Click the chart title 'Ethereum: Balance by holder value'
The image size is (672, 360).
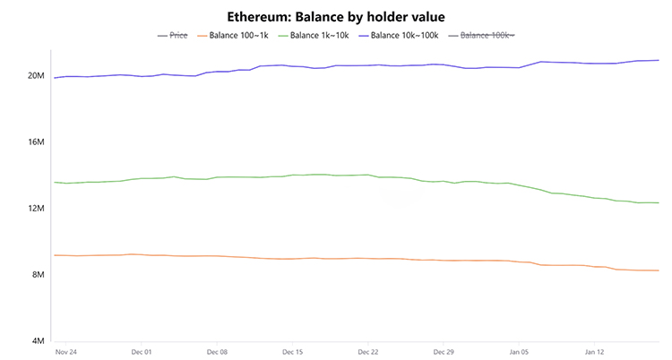pyautogui.click(x=335, y=15)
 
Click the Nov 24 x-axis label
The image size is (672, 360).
pyautogui.click(x=65, y=353)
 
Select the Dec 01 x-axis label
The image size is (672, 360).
pyautogui.click(x=141, y=353)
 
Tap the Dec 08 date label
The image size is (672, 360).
pyautogui.click(x=216, y=353)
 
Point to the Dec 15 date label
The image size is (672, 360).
pyautogui.click(x=292, y=353)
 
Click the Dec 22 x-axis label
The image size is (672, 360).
pyautogui.click(x=367, y=353)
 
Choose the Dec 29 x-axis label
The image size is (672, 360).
pyautogui.click(x=443, y=353)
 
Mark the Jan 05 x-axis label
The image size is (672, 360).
pyautogui.click(x=519, y=353)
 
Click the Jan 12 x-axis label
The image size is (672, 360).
pyautogui.click(x=594, y=353)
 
